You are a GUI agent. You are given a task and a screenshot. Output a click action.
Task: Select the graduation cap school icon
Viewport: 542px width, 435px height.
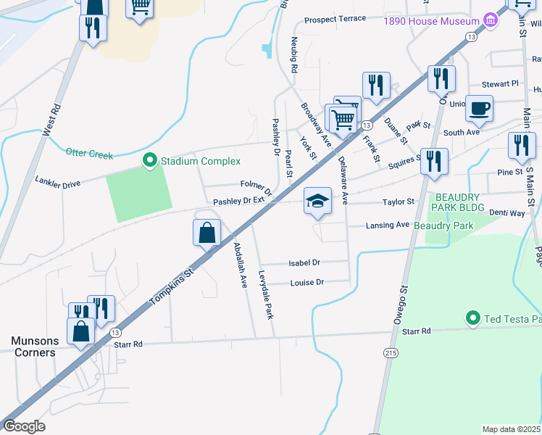(317, 201)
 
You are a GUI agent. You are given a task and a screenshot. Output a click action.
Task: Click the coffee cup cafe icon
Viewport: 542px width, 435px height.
(480, 109)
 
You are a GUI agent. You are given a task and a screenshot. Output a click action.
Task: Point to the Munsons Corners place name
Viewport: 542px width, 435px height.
(33, 347)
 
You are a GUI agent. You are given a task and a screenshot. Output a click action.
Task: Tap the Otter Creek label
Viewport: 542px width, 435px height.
(90, 153)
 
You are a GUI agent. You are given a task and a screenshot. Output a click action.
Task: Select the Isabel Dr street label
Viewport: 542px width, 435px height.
(305, 262)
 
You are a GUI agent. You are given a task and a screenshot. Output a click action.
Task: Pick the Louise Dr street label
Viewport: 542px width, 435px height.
(307, 282)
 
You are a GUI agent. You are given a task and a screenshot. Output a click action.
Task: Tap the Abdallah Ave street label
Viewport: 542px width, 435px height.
(241, 265)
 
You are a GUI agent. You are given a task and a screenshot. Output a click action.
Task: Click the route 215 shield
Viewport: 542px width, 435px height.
(391, 353)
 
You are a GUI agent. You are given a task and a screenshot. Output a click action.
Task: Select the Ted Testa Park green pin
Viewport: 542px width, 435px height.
(472, 318)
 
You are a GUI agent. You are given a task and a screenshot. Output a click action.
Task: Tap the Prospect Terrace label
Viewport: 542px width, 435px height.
(335, 19)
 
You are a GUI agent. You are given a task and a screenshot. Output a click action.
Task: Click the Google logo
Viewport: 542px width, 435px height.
(24, 426)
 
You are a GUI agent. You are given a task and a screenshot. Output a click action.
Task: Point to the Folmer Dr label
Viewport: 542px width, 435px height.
(257, 189)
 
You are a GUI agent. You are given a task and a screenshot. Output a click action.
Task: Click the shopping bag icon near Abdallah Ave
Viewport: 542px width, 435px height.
(207, 233)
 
